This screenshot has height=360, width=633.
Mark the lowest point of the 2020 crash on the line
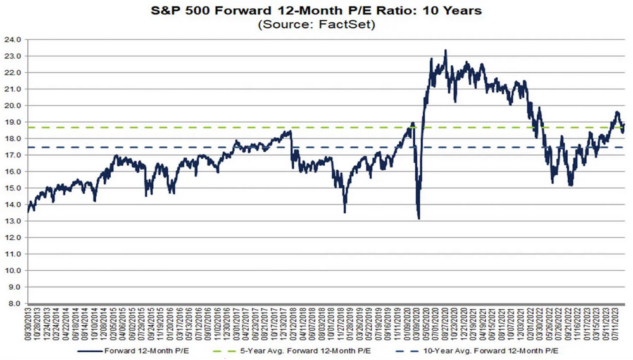click(419, 218)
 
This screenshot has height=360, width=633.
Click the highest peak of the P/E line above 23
click(446, 51)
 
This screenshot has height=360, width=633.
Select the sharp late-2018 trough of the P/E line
click(344, 212)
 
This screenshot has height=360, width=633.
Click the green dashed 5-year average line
click(190, 128)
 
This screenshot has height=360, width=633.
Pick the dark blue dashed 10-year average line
click(190, 147)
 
